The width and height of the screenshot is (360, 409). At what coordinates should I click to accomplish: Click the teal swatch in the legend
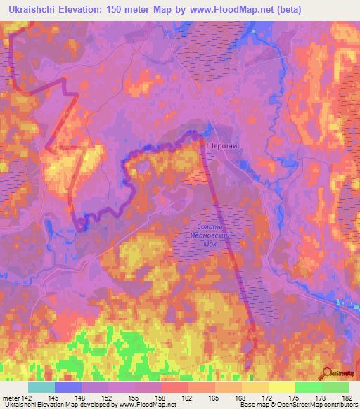[41, 387]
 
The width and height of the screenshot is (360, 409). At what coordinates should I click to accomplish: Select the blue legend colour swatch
[68, 387]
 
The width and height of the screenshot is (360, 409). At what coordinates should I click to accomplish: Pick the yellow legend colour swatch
[282, 387]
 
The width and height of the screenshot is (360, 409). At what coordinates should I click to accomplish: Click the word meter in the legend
[11, 398]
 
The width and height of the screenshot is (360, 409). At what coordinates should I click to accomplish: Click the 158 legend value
[162, 398]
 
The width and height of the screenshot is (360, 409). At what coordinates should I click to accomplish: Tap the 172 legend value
[268, 398]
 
